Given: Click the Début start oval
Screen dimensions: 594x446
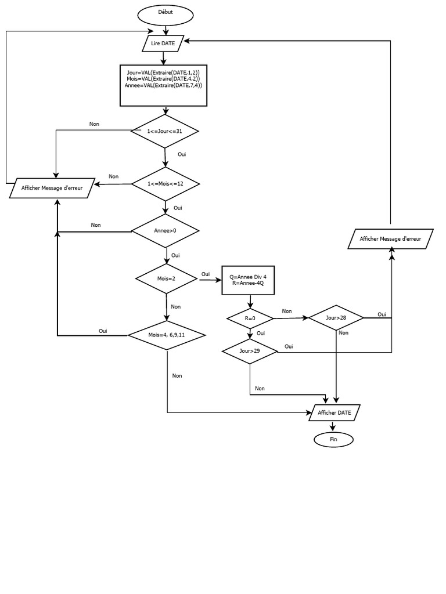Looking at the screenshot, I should [x=165, y=12].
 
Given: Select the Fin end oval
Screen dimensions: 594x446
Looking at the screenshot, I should [x=333, y=440].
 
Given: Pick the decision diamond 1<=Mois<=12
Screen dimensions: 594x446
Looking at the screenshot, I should [x=166, y=184].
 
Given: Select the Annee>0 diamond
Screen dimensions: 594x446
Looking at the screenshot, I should [x=166, y=231].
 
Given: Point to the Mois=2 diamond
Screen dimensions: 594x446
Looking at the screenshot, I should [x=166, y=278].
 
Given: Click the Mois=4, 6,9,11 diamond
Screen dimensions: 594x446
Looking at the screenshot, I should [x=167, y=335].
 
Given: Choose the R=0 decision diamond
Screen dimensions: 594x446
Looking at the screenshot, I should [x=250, y=318].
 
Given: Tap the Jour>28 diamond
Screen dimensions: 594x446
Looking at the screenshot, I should [x=336, y=317].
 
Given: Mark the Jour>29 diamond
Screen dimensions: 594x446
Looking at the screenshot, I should [x=249, y=351].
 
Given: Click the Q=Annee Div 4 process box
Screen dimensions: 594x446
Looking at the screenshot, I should [x=248, y=280].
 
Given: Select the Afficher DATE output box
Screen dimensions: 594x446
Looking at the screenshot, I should [x=334, y=412].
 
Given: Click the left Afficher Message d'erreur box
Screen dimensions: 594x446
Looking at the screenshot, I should [x=52, y=188].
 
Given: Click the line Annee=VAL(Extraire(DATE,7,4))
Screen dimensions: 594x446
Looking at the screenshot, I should [x=163, y=85].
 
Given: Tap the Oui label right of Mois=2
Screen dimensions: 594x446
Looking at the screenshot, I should [x=206, y=274].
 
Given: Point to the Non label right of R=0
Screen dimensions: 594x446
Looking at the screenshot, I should [x=287, y=312].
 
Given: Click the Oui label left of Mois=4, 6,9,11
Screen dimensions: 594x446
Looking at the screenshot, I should [x=103, y=331].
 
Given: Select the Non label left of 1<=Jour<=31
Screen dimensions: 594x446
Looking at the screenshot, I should [x=94, y=124].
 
